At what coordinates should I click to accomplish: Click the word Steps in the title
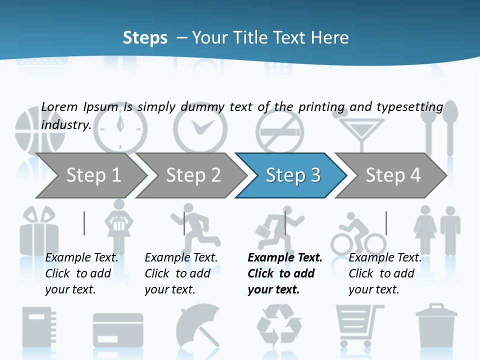click(x=145, y=38)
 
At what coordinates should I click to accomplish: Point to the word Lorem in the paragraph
click(x=59, y=106)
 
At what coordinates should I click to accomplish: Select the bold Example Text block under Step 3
click(x=285, y=273)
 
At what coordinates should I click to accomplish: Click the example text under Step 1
click(x=82, y=273)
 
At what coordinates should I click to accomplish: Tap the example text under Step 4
click(x=385, y=273)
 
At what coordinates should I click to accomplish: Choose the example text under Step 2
click(x=181, y=273)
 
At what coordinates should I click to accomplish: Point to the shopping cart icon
click(x=359, y=325)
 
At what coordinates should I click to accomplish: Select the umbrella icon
click(x=198, y=325)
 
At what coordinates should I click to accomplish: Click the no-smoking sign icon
click(x=279, y=131)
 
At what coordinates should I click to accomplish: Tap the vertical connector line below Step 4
click(x=386, y=223)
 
